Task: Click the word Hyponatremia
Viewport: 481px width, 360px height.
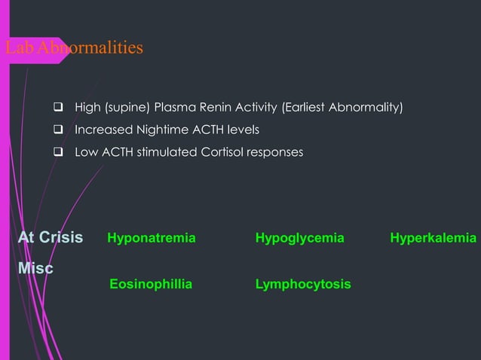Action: (151, 238)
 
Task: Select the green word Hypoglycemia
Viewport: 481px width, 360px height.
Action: (299, 238)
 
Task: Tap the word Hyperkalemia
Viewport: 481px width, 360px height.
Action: (433, 238)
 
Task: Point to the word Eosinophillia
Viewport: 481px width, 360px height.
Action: (151, 284)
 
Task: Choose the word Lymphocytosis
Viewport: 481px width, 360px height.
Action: (303, 284)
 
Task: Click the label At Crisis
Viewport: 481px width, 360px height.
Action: (51, 238)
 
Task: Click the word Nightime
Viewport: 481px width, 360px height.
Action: (155, 130)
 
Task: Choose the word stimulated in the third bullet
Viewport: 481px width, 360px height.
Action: (167, 153)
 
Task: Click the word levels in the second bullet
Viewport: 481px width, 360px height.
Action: (244, 130)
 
